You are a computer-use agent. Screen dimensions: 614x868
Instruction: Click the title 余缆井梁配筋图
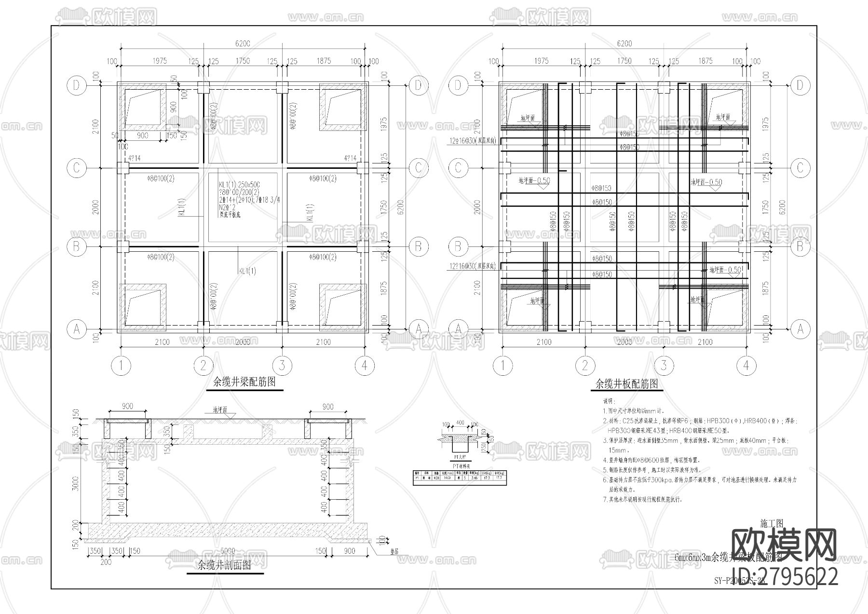244,382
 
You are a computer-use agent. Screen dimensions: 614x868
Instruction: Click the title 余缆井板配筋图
626,384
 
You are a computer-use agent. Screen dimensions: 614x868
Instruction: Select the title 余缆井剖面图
224,566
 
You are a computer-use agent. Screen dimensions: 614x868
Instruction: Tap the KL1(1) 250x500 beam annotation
239,185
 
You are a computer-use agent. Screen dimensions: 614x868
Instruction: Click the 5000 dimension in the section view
228,551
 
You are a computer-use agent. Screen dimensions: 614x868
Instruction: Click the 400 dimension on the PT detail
460,423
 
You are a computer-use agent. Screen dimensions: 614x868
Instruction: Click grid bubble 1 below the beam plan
121,366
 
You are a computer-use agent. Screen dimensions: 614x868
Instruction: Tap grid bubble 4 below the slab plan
746,366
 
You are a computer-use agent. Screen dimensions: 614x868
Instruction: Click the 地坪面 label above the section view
222,410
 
